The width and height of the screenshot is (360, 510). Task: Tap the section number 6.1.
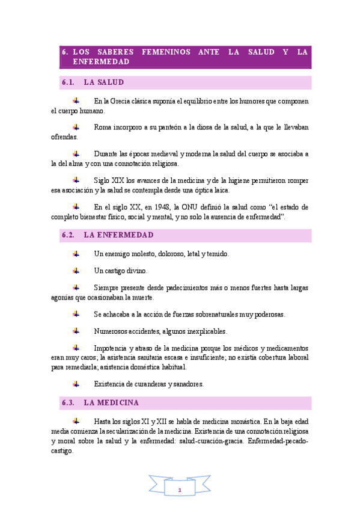click(67, 82)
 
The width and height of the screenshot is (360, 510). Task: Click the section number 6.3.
click(67, 402)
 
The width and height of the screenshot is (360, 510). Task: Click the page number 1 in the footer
click(179, 491)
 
